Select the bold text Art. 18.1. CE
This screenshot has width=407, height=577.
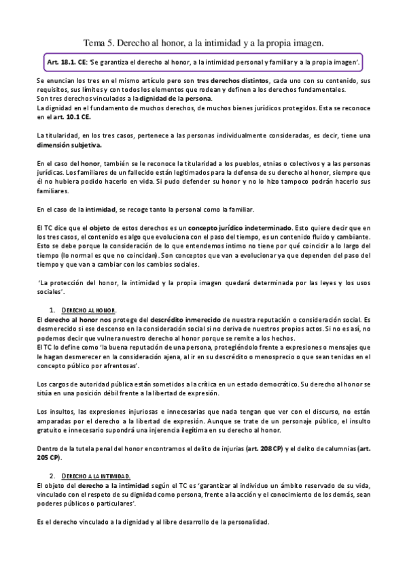(63, 62)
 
